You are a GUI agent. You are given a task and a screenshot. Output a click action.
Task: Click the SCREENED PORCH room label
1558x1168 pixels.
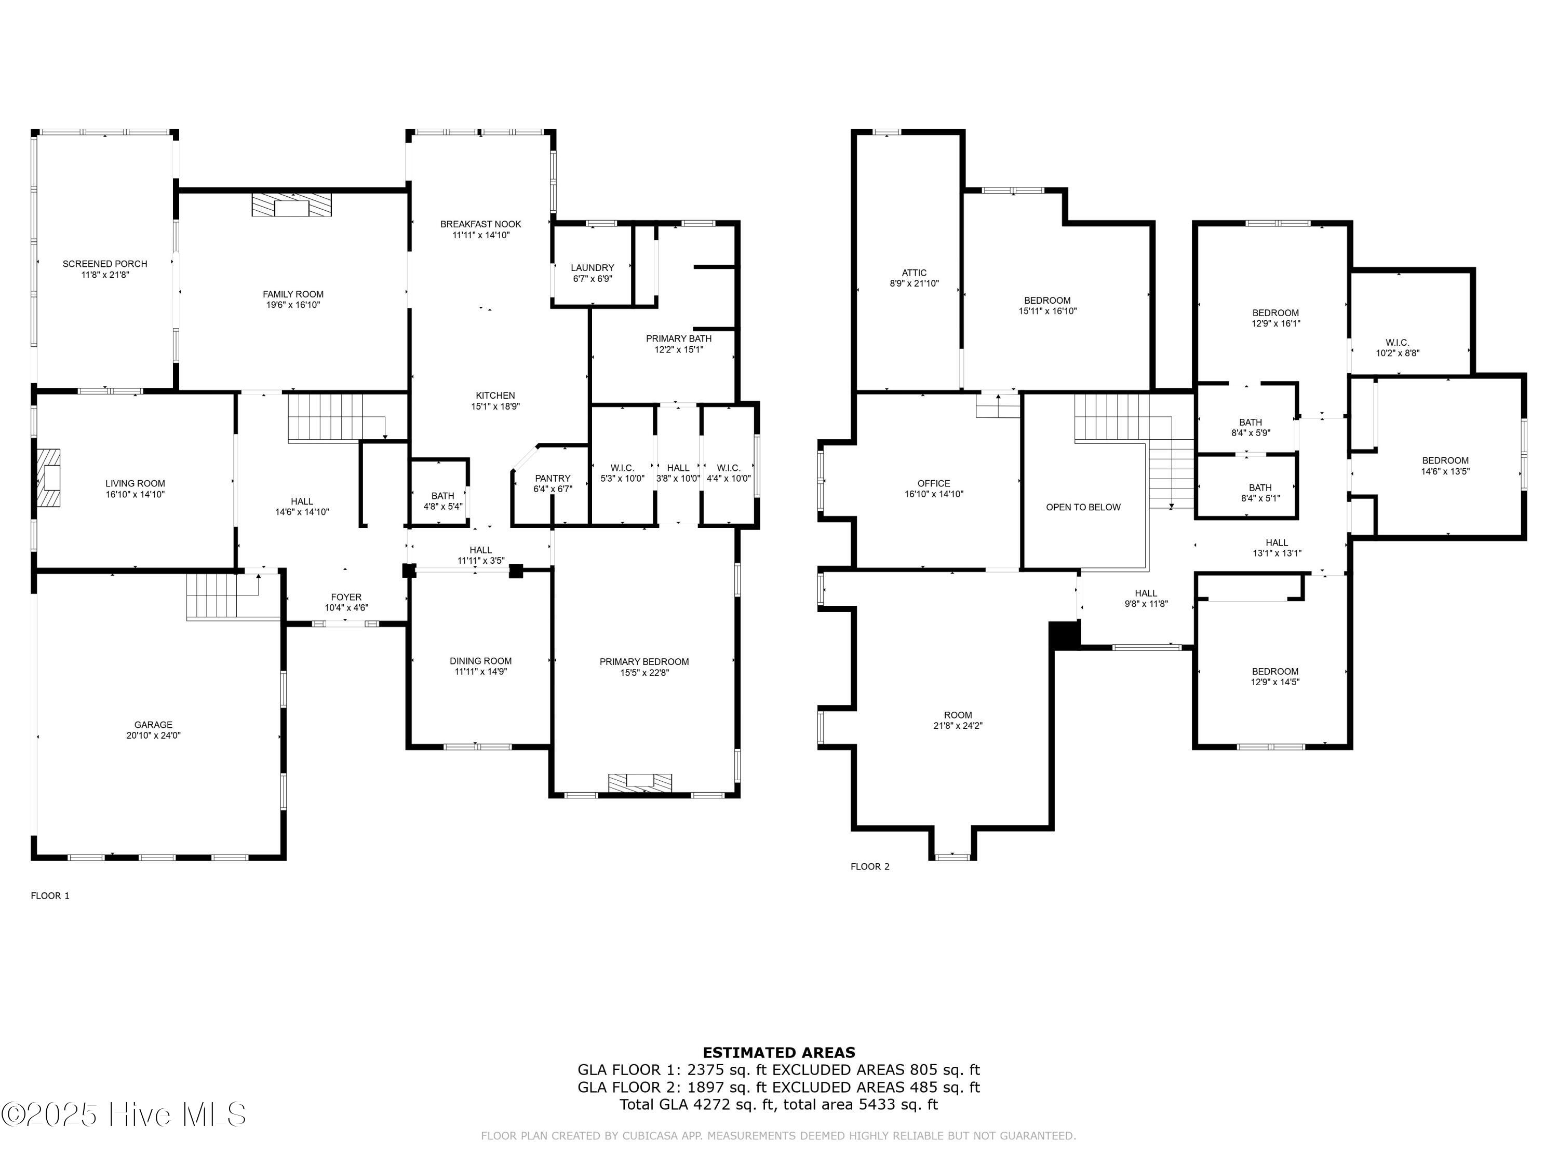tap(105, 264)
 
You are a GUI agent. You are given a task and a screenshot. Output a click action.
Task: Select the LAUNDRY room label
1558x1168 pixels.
tap(593, 267)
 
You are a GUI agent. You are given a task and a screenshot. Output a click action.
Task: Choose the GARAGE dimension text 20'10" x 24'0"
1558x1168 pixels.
tap(154, 735)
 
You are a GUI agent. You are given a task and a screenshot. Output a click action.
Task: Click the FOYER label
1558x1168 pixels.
tap(346, 597)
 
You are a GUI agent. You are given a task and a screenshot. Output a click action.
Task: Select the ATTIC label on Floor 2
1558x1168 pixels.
tap(914, 273)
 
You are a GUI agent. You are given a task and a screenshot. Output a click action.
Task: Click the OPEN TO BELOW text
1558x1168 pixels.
tap(1083, 507)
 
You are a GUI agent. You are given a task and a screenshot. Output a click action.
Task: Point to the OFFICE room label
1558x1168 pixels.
tap(934, 483)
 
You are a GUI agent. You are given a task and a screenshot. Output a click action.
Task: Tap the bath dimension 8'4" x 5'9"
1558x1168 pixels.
tap(1251, 433)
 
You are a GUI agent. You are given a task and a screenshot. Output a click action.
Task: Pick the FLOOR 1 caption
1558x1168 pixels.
tap(50, 895)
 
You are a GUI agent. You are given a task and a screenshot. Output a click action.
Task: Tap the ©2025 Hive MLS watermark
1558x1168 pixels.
tap(124, 1115)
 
